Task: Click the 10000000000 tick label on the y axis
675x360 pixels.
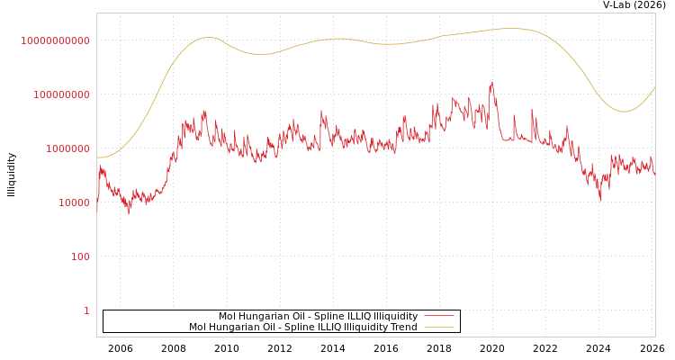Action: coord(55,40)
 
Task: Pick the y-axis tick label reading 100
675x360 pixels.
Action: coord(80,256)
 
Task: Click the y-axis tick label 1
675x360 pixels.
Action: coord(86,310)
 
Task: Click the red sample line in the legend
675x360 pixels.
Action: coord(438,317)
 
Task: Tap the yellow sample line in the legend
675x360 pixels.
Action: coord(438,328)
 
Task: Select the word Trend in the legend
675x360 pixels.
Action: coord(403,328)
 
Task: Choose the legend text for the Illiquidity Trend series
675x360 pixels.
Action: coord(303,328)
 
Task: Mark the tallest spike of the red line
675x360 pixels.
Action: coord(491,82)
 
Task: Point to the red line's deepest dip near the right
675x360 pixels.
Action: coord(600,199)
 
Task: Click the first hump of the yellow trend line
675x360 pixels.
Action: coord(208,38)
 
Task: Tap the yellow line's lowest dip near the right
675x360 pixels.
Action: coord(623,112)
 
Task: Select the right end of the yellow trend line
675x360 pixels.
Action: coord(654,87)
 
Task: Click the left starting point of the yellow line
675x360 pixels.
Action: coord(97,157)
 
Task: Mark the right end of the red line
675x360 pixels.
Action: coord(654,171)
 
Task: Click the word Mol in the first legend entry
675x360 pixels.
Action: coord(228,317)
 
